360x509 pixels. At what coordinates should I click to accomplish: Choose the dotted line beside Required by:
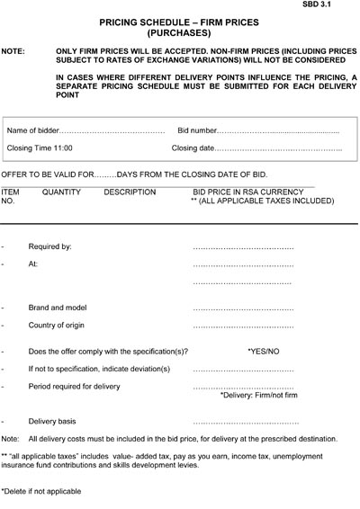[244, 246]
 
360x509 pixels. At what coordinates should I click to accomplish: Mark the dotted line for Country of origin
[244, 326]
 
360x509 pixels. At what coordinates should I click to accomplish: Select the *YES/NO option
[264, 351]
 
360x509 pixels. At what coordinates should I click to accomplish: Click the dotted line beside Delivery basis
[245, 421]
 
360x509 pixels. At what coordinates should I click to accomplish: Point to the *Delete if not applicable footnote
[41, 491]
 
